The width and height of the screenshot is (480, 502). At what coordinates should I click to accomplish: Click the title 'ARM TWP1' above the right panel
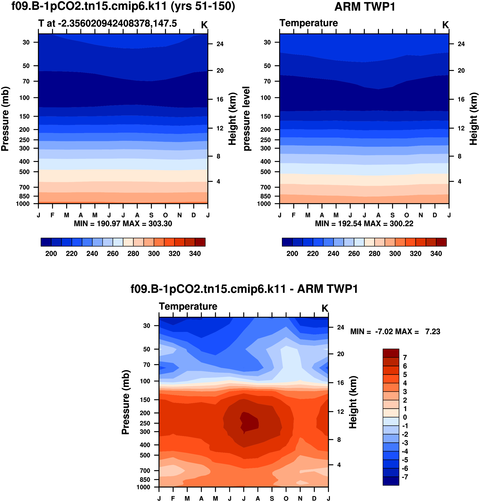click(x=365, y=7)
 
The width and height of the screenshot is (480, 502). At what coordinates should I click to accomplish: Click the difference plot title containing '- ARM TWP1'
click(x=244, y=289)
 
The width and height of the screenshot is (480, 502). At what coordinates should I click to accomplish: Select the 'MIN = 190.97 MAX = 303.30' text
click(x=123, y=224)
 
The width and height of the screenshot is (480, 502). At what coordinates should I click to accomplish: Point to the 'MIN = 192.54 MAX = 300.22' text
click(x=364, y=224)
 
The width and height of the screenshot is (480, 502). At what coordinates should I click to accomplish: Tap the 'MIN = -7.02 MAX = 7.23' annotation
click(x=395, y=332)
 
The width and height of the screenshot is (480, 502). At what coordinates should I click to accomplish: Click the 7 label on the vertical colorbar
click(x=405, y=358)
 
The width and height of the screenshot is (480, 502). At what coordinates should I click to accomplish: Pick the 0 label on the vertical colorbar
click(x=405, y=417)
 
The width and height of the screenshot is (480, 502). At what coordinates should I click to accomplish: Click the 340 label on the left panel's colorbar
click(x=195, y=254)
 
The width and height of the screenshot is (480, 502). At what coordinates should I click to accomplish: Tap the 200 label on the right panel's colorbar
click(x=292, y=254)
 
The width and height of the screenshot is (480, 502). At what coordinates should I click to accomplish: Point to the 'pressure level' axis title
click(x=246, y=119)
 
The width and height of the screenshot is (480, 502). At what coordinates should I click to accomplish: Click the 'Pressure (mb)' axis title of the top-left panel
click(x=5, y=119)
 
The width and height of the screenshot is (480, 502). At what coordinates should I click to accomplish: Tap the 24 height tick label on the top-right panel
click(x=461, y=44)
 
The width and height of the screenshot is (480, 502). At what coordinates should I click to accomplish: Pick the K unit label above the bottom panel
click(x=325, y=308)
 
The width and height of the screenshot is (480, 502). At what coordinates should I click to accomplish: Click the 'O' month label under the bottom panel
click(x=286, y=498)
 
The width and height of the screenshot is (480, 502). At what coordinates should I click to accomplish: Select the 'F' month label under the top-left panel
click(x=53, y=215)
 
